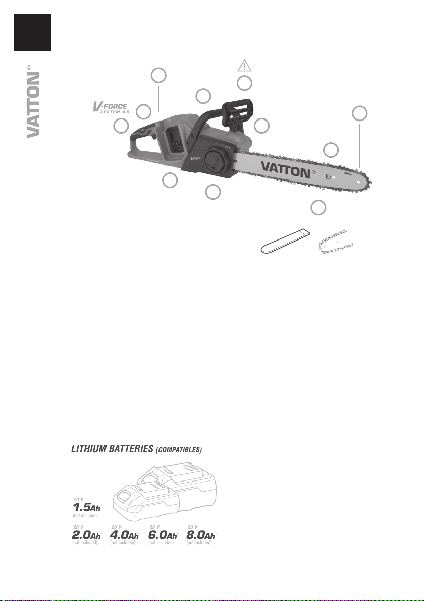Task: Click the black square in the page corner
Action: click(x=33, y=33)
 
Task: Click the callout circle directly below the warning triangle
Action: click(x=245, y=83)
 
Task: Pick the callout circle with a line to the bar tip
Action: click(x=359, y=113)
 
